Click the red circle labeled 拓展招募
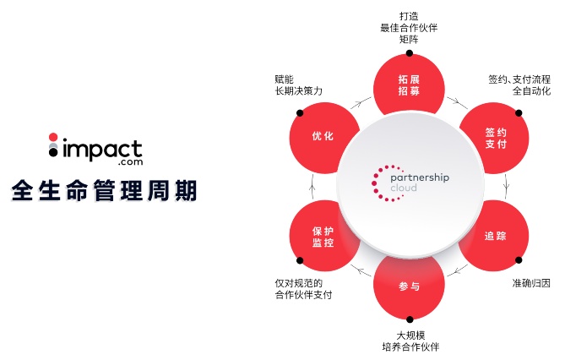coord(409,84)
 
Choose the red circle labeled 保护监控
coord(323,236)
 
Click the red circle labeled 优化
coord(323,136)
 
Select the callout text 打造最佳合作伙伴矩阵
coord(409,26)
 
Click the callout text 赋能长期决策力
coord(298,85)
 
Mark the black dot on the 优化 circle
coord(300,112)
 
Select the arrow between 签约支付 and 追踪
coord(506,185)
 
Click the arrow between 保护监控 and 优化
coord(312,185)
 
